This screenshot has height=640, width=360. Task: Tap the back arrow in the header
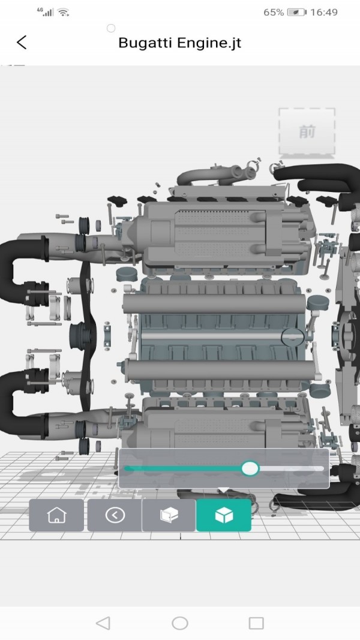point(22,43)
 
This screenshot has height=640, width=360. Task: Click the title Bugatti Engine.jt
point(179,43)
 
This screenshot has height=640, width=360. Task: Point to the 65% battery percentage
point(273,12)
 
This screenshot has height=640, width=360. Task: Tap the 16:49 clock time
point(325,12)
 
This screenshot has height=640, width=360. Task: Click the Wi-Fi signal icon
point(64,12)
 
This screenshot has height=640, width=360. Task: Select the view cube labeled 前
point(307,132)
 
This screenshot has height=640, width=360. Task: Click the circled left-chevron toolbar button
point(115,515)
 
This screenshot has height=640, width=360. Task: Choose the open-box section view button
point(169,515)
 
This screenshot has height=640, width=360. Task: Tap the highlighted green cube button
point(223,515)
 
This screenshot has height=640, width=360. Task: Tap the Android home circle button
point(179,623)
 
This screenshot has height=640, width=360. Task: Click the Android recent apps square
point(256,623)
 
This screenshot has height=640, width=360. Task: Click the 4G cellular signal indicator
point(44,12)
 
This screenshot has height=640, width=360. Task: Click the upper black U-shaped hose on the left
point(18,270)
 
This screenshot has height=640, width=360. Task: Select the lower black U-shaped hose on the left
point(18,402)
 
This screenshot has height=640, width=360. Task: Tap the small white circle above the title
point(110,28)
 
